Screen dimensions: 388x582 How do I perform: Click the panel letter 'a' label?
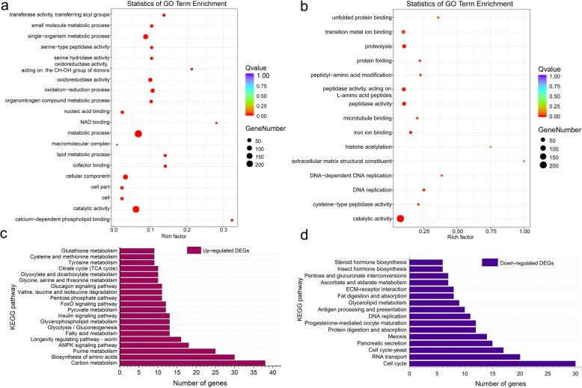6,7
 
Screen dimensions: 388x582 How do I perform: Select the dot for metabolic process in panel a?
138,134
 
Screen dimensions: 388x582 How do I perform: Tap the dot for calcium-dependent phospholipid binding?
232,220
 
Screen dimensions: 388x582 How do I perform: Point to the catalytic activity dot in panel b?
400,218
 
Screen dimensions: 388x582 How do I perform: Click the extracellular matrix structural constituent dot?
524,161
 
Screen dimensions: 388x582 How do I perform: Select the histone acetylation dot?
491,147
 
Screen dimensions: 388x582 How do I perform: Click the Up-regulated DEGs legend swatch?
195,250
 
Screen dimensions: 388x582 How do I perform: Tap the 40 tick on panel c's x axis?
273,372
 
